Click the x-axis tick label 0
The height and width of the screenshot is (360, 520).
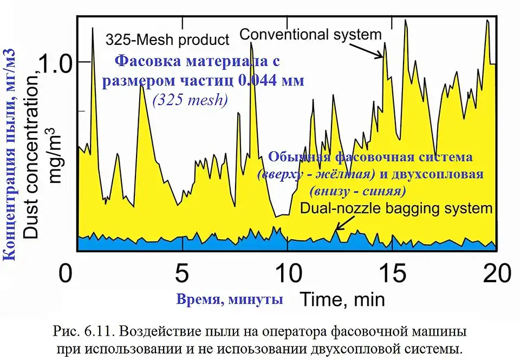point(66,272)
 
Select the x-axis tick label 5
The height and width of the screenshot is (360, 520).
point(183,272)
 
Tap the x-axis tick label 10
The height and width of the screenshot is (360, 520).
point(288,272)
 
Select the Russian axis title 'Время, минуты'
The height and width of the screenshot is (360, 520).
point(230,298)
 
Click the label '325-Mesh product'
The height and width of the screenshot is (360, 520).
point(167,40)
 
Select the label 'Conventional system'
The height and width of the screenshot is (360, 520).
point(310,35)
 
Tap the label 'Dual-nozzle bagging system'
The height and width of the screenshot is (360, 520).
point(396,208)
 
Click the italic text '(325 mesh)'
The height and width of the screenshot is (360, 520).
point(189,100)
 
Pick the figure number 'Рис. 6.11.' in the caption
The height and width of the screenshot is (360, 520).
point(80,330)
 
